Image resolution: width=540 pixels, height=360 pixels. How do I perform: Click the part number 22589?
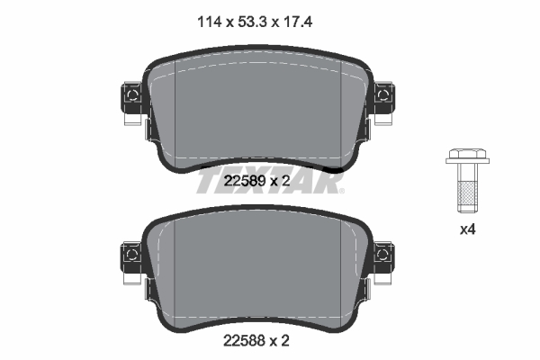coord(245,182)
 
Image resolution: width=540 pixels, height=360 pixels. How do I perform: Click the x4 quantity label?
coord(467,229)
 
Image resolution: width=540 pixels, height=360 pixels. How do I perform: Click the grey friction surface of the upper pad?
coord(257,108)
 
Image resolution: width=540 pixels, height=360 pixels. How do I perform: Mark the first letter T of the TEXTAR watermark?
coord(204,184)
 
